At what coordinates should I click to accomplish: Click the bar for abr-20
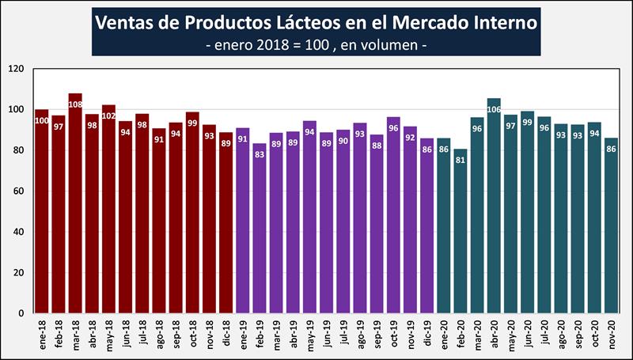tap(495, 206)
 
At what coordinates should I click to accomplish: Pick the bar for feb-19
tap(260, 229)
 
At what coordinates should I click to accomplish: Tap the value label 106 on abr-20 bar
tap(495, 108)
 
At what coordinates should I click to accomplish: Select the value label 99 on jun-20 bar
tap(528, 123)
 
